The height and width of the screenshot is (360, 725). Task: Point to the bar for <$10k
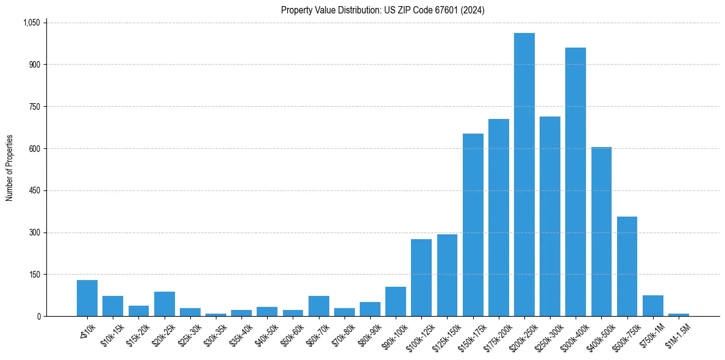click(87, 298)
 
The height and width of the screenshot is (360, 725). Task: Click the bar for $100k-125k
click(421, 278)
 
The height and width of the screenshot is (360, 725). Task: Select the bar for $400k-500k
click(601, 231)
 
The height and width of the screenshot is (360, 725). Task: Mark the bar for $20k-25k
click(164, 304)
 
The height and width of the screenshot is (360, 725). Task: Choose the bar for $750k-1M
click(652, 306)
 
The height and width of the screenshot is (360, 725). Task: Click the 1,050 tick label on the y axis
click(31, 23)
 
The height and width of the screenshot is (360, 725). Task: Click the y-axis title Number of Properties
click(9, 168)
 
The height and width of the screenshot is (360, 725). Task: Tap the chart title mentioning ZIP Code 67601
click(382, 10)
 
